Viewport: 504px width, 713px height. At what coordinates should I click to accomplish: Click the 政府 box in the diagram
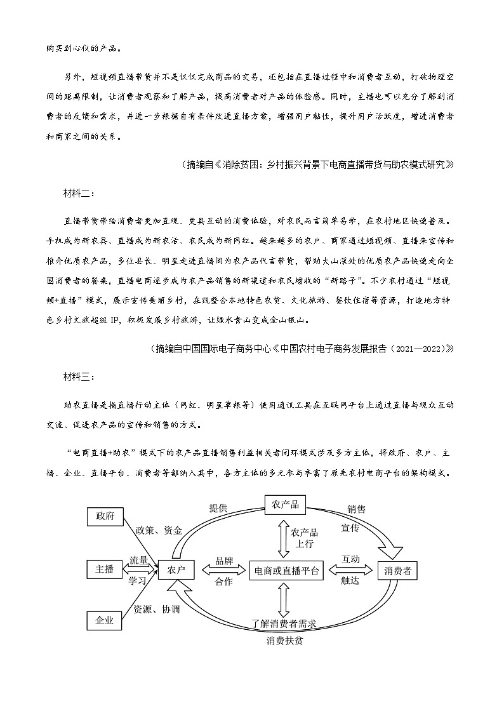point(104,516)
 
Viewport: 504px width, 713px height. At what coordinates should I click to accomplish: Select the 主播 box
point(104,570)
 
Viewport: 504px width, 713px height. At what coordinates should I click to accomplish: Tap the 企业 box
point(104,621)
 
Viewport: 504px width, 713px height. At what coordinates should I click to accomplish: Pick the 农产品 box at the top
point(285,505)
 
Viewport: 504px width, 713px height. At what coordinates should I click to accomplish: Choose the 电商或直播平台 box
point(286,570)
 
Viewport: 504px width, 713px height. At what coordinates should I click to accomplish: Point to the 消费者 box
point(399,570)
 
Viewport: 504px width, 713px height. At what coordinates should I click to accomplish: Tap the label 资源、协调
point(156,609)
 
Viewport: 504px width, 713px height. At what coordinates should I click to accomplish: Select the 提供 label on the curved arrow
point(218,508)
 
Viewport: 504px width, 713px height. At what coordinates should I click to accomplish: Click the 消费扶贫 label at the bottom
point(285,640)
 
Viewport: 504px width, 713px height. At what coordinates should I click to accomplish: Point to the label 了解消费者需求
point(284,624)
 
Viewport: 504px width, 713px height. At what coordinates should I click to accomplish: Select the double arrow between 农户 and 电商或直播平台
point(223,570)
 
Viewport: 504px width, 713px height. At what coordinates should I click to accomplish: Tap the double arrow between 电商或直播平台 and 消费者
point(350,570)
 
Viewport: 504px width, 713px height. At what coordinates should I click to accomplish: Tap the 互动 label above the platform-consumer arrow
point(350,559)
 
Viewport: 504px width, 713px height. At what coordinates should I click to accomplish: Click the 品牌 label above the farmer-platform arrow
point(223,560)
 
